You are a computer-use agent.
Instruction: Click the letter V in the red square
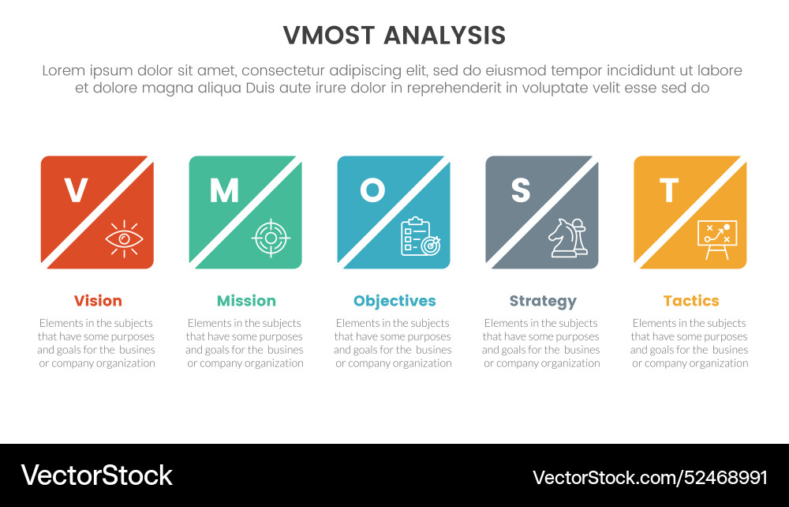76,190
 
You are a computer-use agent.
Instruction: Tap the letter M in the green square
223,190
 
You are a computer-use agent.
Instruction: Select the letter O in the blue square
372,190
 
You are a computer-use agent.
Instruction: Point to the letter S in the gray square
520,190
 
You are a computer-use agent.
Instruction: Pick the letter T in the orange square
668,190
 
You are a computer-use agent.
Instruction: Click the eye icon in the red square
123,238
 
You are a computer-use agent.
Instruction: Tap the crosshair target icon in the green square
271,238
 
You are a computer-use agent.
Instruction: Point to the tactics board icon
716,238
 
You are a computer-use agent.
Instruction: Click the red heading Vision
98,301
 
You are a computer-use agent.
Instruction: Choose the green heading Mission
246,301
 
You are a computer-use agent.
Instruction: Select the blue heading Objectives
394,301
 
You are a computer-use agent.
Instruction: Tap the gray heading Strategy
543,301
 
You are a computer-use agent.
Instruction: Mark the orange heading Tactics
691,301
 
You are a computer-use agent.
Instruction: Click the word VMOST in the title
331,36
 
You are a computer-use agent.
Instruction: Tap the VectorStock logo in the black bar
96,475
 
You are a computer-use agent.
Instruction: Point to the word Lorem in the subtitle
64,70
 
